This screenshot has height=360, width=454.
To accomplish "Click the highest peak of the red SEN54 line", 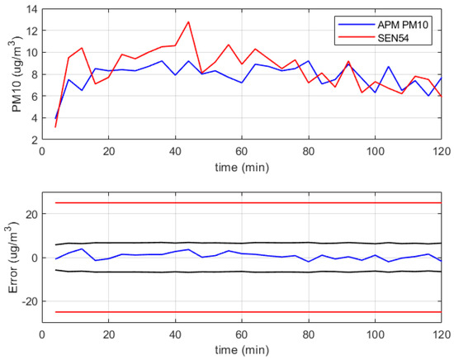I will (x=188, y=21).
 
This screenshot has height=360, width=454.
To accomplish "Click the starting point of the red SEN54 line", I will (x=55, y=126).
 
